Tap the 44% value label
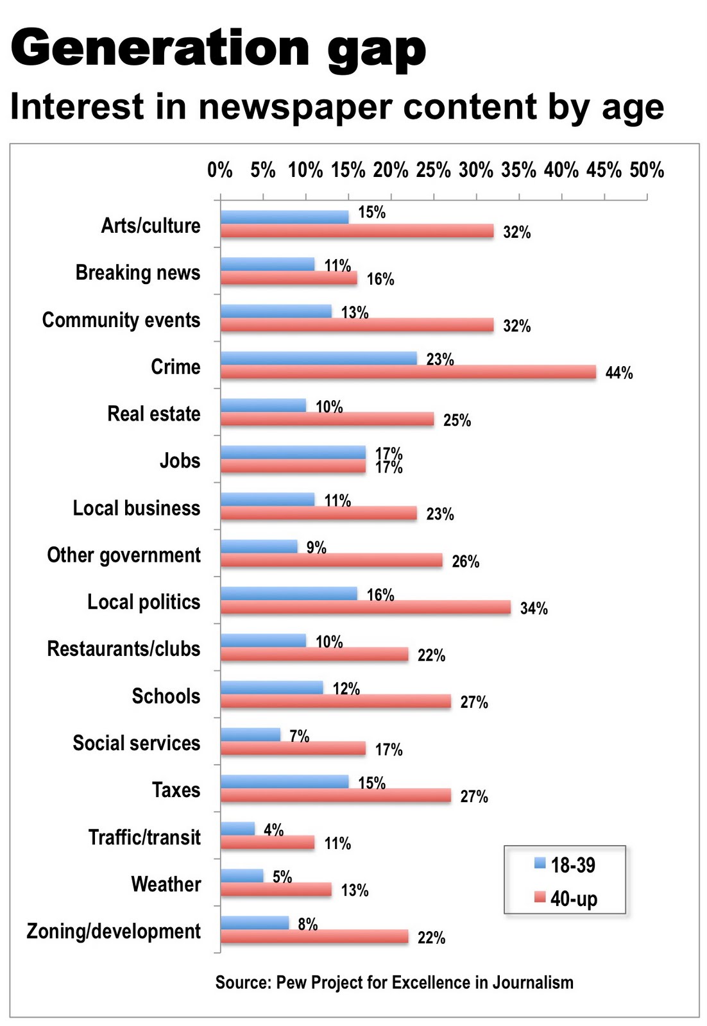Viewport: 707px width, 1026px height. click(x=618, y=373)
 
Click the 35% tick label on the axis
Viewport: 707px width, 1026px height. click(x=518, y=171)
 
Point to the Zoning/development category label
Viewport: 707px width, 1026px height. click(x=114, y=931)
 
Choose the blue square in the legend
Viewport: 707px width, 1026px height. click(x=540, y=863)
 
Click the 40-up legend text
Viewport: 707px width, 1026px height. click(x=574, y=898)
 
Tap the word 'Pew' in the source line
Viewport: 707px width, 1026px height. click(x=291, y=982)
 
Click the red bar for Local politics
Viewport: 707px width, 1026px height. click(x=366, y=607)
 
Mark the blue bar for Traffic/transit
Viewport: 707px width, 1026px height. click(x=237, y=828)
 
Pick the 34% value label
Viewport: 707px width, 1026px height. click(x=534, y=609)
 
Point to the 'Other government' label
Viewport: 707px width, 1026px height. click(x=124, y=555)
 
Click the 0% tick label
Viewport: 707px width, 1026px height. click(x=219, y=171)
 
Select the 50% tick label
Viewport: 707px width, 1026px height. click(x=646, y=171)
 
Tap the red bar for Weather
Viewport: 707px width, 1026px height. click(x=276, y=889)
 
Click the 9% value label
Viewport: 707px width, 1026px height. click(x=316, y=548)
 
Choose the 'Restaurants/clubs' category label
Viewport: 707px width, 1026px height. click(x=124, y=649)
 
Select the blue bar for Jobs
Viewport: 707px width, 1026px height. click(x=293, y=452)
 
